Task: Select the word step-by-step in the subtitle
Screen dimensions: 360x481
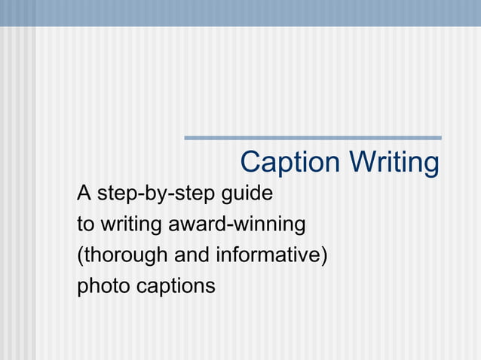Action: [156, 194]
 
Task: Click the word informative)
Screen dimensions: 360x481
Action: [271, 255]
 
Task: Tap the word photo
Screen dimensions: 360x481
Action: [103, 286]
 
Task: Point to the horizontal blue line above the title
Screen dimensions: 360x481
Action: [313, 138]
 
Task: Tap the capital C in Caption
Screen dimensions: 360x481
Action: [250, 163]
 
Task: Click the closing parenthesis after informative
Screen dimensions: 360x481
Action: [324, 256]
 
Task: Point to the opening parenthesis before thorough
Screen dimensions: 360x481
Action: [79, 256]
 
